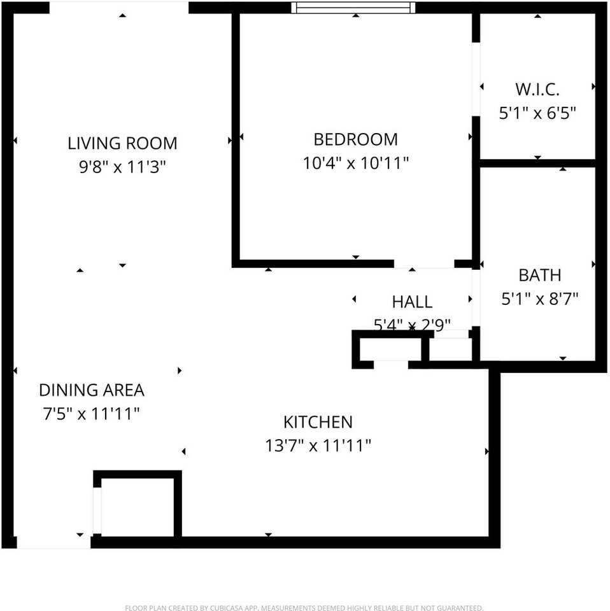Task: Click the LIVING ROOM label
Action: [122, 143]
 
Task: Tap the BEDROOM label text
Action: [355, 139]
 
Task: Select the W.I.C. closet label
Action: [537, 88]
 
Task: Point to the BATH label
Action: [539, 275]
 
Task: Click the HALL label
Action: [412, 302]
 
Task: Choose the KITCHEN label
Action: [318, 421]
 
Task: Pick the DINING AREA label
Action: [92, 390]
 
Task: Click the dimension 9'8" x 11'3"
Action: [122, 167]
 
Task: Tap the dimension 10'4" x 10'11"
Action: [355, 163]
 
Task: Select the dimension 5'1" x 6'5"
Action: [537, 113]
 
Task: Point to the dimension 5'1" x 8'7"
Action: [539, 298]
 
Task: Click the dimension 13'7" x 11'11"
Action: [318, 446]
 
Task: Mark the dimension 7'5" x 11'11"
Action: [91, 414]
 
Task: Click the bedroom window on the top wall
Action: [353, 8]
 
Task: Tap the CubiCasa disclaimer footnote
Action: [304, 608]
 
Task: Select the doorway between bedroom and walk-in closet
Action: [476, 80]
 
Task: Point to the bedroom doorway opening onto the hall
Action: [423, 263]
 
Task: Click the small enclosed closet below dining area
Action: [137, 507]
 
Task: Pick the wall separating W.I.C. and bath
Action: [537, 164]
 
